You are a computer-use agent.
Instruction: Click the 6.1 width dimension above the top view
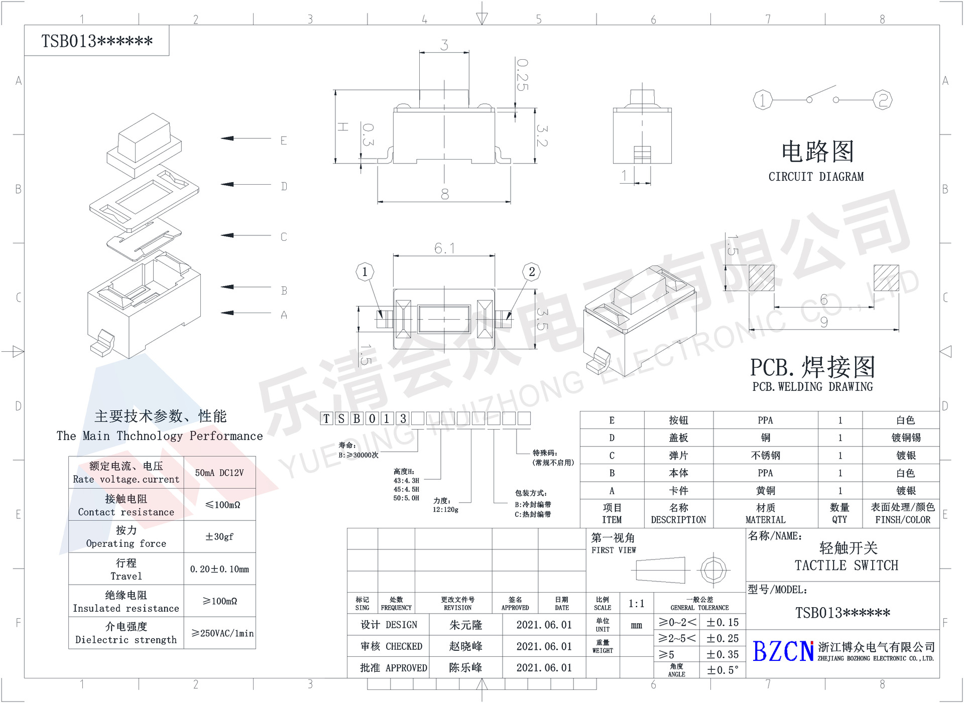(444, 248)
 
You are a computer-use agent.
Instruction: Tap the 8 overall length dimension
(444, 194)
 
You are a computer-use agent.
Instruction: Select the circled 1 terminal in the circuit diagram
(762, 100)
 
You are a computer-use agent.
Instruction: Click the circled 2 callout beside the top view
(532, 272)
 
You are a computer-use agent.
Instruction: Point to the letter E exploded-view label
(284, 140)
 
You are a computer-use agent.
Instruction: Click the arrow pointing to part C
(246, 235)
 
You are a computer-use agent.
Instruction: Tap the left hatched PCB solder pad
(761, 278)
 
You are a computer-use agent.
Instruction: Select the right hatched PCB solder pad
(886, 278)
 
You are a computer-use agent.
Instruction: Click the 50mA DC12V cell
(219, 473)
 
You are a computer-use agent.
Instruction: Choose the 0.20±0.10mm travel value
(219, 569)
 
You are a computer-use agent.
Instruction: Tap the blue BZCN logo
(783, 651)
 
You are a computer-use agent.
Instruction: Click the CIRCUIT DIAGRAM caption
(816, 177)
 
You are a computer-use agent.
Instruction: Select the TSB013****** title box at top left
(97, 41)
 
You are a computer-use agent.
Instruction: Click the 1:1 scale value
(636, 604)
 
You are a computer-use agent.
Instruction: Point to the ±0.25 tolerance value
(722, 638)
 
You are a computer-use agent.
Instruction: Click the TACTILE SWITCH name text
(846, 566)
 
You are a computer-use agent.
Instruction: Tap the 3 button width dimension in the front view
(444, 45)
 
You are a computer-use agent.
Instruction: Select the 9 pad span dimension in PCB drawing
(823, 322)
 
